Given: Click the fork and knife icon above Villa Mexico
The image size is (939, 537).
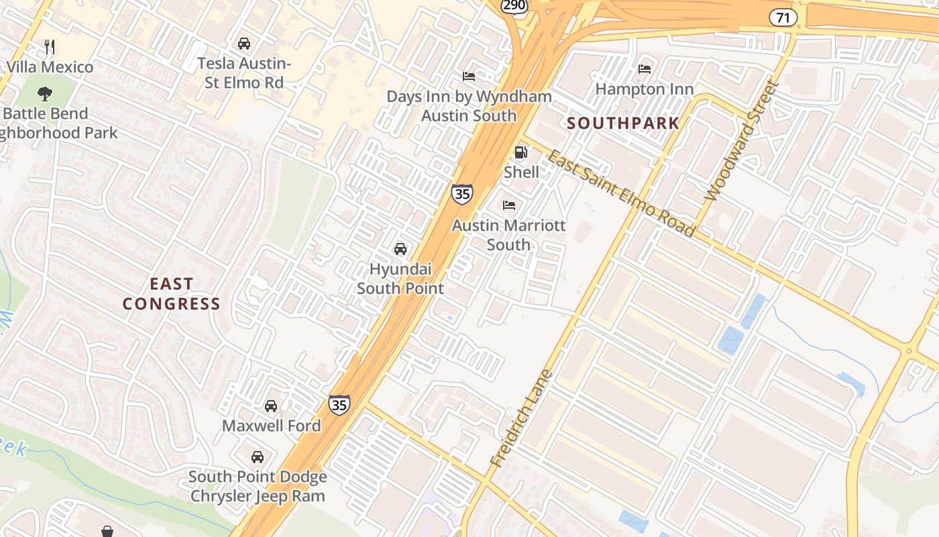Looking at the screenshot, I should click(49, 46).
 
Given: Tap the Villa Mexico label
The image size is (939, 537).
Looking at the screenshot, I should click(50, 67).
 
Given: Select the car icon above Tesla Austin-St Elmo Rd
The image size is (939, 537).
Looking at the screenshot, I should click(244, 44).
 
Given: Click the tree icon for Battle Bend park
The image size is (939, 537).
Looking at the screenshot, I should click(45, 93).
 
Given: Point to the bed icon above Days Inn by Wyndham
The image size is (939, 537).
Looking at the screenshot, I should click(469, 77).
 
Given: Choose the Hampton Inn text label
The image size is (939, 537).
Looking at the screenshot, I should click(645, 89).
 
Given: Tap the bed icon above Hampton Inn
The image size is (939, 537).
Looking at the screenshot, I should click(645, 69).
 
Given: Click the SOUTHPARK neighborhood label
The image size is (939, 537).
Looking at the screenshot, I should click(623, 124).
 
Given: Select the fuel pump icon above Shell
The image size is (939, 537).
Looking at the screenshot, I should click(521, 152).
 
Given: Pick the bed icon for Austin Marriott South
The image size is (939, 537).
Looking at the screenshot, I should click(509, 205).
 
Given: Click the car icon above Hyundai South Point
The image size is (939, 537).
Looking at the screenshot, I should click(400, 249).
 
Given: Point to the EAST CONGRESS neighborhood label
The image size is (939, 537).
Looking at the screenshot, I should click(171, 294).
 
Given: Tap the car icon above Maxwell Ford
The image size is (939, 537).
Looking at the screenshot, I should click(271, 406).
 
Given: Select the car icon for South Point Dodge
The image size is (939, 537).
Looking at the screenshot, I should click(257, 457).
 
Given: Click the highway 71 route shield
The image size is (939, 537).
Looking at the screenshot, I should click(783, 17).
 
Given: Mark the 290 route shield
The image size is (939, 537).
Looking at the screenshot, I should click(515, 5).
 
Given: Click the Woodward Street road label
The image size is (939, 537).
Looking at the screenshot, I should click(741, 142).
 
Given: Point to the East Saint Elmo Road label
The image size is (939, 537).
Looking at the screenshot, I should click(621, 193).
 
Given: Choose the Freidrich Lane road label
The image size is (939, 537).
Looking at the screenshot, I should click(520, 418).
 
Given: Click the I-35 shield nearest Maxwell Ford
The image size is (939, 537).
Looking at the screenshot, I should click(339, 405).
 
